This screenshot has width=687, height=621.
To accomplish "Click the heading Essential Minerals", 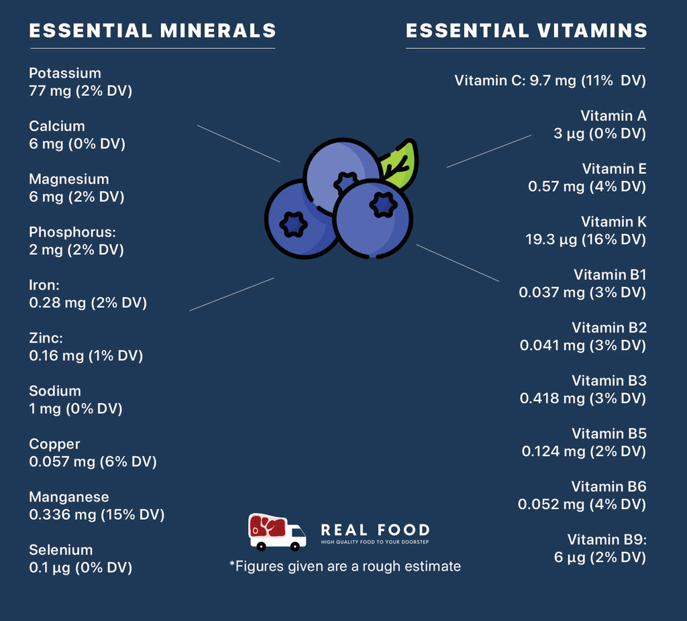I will tap(152, 31).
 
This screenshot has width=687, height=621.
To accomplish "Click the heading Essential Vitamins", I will tap(527, 31).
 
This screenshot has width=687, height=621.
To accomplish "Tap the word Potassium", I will tap(65, 73).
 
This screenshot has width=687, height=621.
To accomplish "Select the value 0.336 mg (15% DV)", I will tap(97, 514).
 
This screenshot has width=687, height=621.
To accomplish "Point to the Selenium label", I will tap(61, 550).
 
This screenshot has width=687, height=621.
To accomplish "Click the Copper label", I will tap(54, 444).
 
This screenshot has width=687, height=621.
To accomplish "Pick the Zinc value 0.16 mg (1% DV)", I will tap(86, 355).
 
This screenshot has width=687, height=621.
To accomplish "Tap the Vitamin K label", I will tap(613, 221).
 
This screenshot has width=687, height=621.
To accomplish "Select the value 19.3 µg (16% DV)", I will tap(585, 239).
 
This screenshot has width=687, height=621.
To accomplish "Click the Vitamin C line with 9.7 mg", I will tap(549, 80).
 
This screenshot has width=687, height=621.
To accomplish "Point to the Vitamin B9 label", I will tap(606, 539).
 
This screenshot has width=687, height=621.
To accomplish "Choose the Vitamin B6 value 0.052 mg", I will tap(582, 504).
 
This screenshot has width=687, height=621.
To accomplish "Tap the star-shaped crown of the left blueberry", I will tap(293, 225).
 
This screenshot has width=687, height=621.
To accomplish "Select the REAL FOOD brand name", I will tap(375, 530).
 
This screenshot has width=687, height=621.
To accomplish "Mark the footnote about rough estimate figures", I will tap(345, 567).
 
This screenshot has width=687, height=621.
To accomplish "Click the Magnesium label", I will tap(68, 179).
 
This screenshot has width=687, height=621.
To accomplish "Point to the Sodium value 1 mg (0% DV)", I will tap(75, 408).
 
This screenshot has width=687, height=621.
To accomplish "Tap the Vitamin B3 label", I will tap(609, 380).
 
